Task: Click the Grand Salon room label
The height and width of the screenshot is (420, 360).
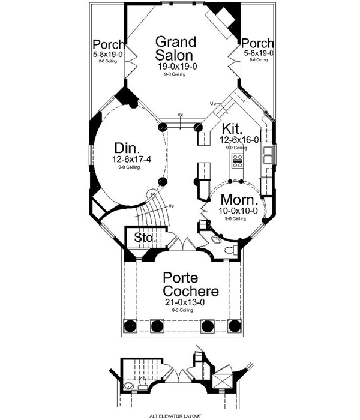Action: tap(176, 48)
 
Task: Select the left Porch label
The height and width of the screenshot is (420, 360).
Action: tap(109, 44)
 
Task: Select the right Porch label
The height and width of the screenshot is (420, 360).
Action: tap(258, 44)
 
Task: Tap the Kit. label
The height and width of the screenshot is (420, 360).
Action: tap(231, 128)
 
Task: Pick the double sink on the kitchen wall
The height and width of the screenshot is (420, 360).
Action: tap(266, 158)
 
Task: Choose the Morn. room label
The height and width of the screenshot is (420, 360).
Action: tap(239, 200)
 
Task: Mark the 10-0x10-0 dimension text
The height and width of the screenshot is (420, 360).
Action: tap(239, 211)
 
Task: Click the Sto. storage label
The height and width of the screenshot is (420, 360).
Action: tap(144, 238)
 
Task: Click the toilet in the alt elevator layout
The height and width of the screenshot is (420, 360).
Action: tap(130, 385)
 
